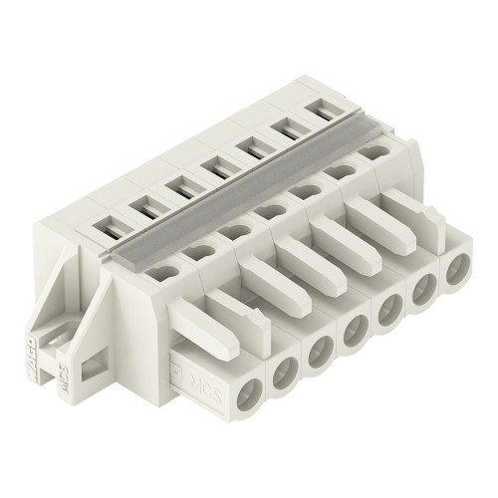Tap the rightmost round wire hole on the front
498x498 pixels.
[458, 269]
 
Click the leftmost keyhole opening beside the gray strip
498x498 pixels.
[166, 270]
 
